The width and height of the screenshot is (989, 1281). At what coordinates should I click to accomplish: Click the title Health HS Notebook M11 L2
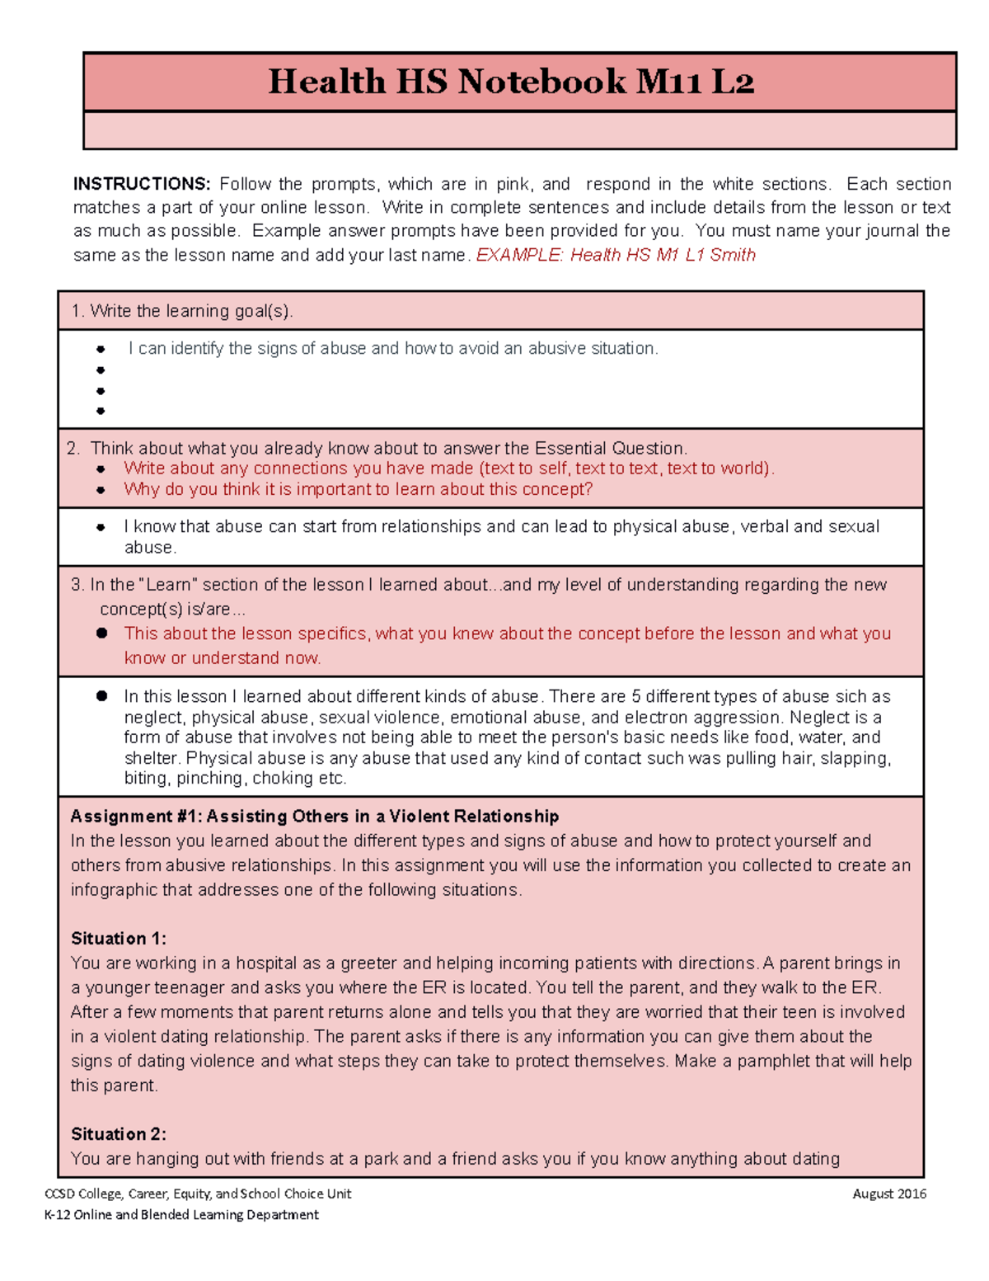(x=511, y=82)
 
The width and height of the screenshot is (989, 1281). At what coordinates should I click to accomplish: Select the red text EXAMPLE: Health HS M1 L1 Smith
(x=616, y=255)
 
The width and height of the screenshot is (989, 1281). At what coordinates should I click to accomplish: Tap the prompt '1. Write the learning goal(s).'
(x=182, y=311)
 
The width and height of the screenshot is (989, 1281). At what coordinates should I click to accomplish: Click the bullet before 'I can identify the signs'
(x=101, y=350)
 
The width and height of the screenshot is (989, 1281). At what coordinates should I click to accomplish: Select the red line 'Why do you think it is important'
(x=358, y=489)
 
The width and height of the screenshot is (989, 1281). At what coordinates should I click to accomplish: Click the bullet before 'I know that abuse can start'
(x=101, y=527)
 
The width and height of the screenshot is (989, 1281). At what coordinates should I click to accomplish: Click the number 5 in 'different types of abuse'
(x=635, y=697)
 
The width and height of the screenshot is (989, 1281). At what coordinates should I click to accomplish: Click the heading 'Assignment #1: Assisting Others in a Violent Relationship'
(x=315, y=817)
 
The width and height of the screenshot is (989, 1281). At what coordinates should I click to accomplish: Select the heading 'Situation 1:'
(x=119, y=939)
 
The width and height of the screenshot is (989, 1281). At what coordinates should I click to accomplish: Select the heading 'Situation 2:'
(x=119, y=1134)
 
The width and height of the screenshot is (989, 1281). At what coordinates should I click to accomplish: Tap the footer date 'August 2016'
(x=889, y=1194)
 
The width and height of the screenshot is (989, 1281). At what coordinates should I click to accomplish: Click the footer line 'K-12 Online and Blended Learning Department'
(x=181, y=1214)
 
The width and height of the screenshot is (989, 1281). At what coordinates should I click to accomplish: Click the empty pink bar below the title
(x=519, y=130)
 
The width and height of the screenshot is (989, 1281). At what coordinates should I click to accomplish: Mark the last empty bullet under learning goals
(x=101, y=411)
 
